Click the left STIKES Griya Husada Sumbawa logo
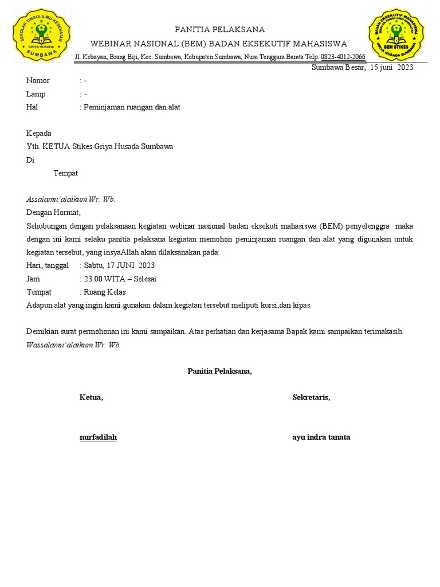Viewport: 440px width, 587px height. [41, 35]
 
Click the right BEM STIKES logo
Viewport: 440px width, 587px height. [397, 34]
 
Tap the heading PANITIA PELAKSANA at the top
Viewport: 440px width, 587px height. [220, 30]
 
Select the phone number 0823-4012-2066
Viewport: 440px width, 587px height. [343, 57]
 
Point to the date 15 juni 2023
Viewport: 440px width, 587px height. [392, 67]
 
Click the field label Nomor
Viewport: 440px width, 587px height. [38, 81]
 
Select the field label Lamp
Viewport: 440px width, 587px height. [36, 94]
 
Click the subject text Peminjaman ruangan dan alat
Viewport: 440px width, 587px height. [132, 107]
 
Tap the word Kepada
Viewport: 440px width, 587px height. [39, 133]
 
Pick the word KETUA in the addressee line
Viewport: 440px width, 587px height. [57, 146]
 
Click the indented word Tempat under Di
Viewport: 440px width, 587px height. [66, 173]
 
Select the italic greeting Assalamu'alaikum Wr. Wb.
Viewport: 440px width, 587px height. [71, 199]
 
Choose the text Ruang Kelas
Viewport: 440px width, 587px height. [105, 292]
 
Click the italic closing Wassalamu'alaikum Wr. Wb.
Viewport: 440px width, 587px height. [74, 345]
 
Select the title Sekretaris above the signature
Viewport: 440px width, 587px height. [311, 397]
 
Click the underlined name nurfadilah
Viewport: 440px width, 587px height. [98, 437]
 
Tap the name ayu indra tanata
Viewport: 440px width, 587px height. [321, 437]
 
